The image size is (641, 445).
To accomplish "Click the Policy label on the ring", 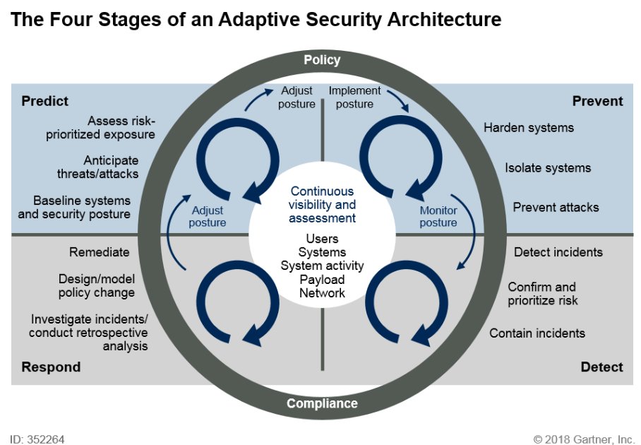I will click(x=322, y=60).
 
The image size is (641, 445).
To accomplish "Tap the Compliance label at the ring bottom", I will click(x=322, y=404).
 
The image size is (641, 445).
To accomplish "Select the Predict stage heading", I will click(x=45, y=101).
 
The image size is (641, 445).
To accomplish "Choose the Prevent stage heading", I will click(x=597, y=101).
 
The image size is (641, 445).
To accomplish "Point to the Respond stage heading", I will click(x=51, y=367).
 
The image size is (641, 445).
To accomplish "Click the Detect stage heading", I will click(x=601, y=367).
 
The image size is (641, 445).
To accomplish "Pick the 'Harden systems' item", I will click(x=528, y=128).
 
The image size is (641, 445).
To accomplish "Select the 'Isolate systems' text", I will click(x=548, y=168).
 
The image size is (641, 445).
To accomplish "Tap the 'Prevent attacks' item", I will click(x=556, y=207).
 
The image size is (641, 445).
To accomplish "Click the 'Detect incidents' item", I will click(x=558, y=252).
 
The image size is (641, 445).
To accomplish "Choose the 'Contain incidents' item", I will click(x=537, y=333).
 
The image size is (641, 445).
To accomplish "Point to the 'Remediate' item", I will click(x=100, y=252).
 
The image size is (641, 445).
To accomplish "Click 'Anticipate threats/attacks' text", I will click(x=97, y=167).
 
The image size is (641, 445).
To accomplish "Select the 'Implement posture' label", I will click(x=354, y=97).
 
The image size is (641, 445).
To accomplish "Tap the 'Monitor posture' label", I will click(x=438, y=216).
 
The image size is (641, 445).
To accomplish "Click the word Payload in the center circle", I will click(x=322, y=279).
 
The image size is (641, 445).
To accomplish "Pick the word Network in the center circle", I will click(x=322, y=292).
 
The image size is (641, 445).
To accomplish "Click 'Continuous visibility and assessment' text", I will click(x=322, y=205).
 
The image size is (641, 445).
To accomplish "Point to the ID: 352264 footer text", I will click(x=37, y=439).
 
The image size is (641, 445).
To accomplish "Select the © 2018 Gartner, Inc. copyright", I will click(x=585, y=439).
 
